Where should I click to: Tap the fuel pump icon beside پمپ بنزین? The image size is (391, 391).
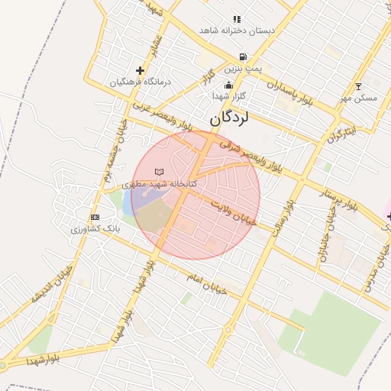pos(243,57)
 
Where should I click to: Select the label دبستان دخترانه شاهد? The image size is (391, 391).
pos(237,31)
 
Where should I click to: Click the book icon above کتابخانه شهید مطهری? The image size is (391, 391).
pos(159,172)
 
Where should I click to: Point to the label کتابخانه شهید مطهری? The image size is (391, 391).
pos(160,184)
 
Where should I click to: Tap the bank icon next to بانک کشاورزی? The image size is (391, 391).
pos(95,218)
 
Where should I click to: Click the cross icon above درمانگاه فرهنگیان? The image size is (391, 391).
pos(140,70)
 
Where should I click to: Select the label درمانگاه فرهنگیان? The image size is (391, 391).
pos(139,82)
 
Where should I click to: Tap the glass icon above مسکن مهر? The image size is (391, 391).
pos(359,86)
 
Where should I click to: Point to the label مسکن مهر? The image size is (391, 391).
pos(358,98)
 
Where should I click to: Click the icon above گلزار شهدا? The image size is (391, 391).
pos(228,86)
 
